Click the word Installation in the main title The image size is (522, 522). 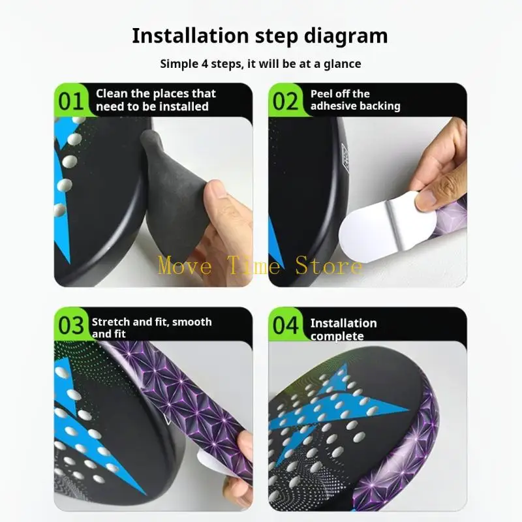[191, 35]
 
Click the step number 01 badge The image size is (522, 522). [70, 101]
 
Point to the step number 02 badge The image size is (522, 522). [285, 101]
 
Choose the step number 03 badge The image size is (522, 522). [71, 325]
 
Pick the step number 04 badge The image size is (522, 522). [286, 325]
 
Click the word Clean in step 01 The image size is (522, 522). [112, 93]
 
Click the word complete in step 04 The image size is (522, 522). [337, 336]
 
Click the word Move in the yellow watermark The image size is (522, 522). [185, 266]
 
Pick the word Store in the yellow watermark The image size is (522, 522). [329, 266]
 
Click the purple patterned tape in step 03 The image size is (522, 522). [187, 399]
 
